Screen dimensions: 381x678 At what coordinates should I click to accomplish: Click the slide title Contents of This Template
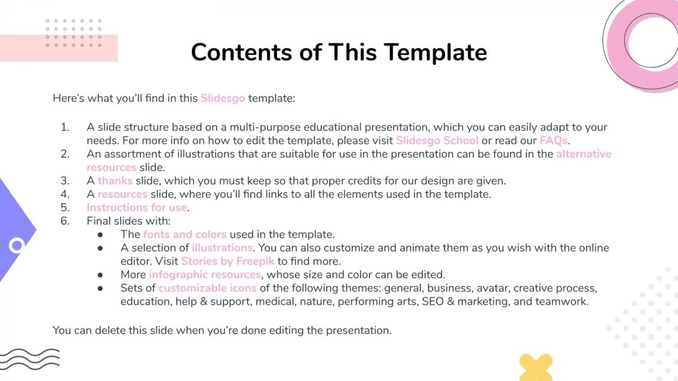[x=338, y=52]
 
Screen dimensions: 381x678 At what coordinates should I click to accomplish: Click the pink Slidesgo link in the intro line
[x=223, y=98]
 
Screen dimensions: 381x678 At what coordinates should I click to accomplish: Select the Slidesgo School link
[x=437, y=140]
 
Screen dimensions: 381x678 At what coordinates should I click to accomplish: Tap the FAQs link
[x=553, y=140]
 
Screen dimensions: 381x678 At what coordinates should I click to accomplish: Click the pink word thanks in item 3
[x=115, y=181]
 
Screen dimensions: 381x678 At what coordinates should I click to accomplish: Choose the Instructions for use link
[x=137, y=207]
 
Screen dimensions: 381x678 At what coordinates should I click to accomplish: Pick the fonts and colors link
[x=185, y=234]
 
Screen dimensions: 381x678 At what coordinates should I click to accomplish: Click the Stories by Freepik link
[x=228, y=261]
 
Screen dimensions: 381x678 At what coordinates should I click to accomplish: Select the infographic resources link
[x=205, y=275]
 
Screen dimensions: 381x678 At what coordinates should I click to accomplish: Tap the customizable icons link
[x=208, y=288]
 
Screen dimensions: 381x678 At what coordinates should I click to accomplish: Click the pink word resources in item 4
[x=122, y=194]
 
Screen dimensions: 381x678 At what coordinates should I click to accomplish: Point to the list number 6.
[x=65, y=221]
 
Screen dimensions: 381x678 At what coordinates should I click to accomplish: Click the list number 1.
[x=65, y=127]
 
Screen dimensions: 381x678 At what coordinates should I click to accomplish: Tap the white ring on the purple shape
[x=17, y=245]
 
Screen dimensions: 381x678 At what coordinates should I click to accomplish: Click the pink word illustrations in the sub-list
[x=222, y=248]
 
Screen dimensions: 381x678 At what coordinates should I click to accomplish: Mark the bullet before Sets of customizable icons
[x=100, y=288]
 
